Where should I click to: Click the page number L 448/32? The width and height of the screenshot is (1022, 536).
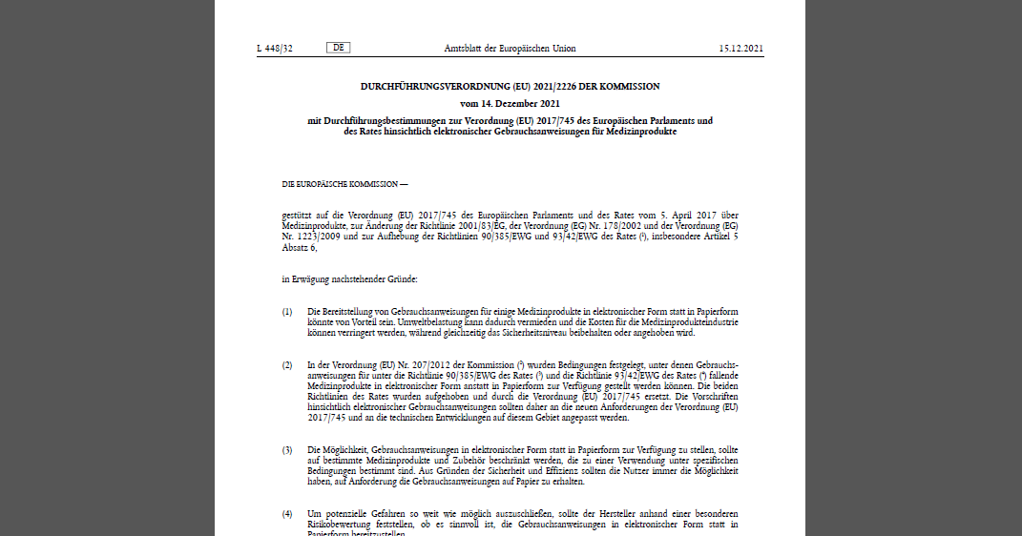coord(275,49)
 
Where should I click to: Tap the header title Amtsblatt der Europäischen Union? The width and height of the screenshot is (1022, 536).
coord(510,49)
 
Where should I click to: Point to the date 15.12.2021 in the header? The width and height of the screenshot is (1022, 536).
coord(740,49)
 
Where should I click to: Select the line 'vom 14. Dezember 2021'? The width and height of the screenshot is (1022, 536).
coord(510,103)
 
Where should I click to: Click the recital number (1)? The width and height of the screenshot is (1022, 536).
coord(287,312)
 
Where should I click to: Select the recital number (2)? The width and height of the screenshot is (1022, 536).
coord(287,365)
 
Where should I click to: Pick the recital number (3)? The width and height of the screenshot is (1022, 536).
coord(287,448)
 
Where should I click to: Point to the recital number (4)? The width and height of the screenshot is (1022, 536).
coord(287,514)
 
